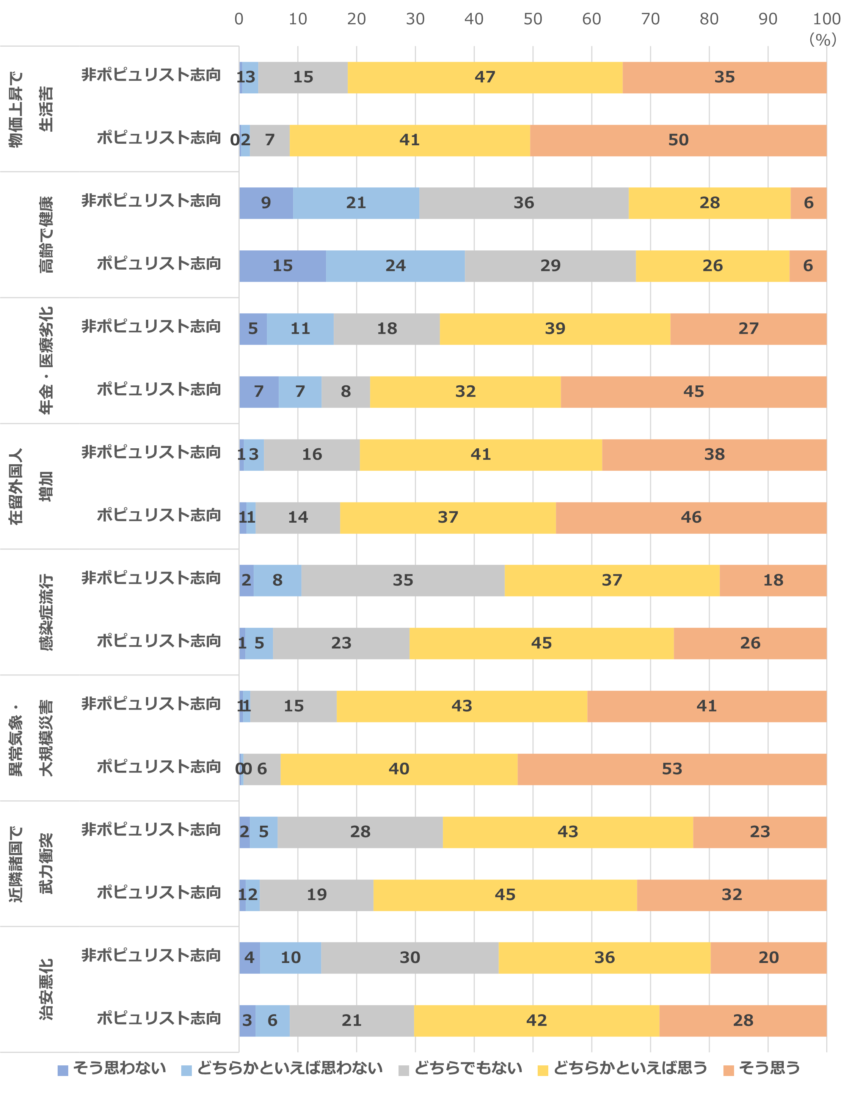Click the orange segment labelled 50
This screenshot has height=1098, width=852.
click(x=678, y=140)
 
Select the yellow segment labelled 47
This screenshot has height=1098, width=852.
click(x=485, y=77)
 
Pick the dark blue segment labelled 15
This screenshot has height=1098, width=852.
click(x=282, y=266)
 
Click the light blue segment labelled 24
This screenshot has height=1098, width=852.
click(x=395, y=266)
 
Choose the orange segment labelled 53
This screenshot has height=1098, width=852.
click(x=672, y=769)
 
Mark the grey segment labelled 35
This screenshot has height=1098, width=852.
click(x=403, y=581)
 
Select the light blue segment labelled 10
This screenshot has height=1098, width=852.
click(x=290, y=958)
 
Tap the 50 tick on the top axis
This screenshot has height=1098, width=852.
click(x=532, y=19)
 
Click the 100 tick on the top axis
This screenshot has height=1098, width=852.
click(x=826, y=19)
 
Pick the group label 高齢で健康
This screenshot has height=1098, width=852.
click(x=46, y=235)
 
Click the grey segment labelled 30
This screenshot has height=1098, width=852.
click(x=410, y=958)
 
